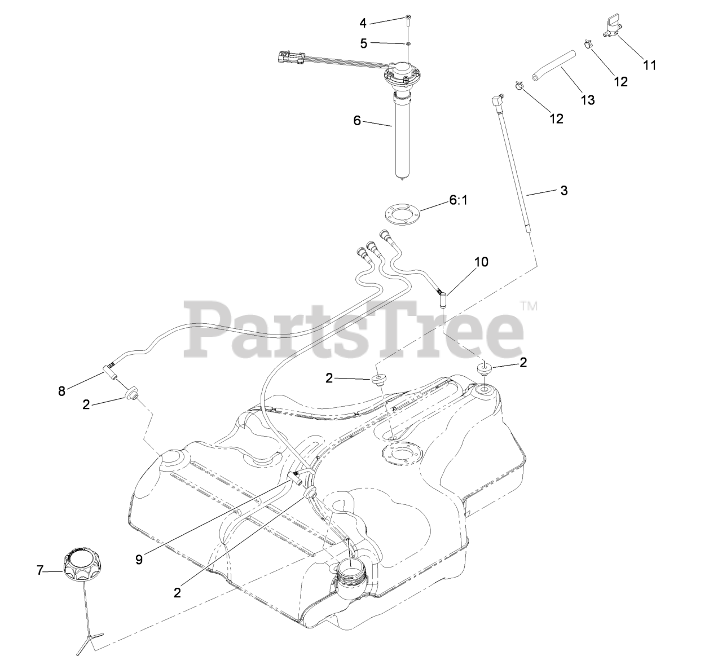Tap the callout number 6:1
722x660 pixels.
tap(459, 200)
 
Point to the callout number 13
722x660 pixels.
tap(588, 100)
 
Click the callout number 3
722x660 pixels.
tap(563, 191)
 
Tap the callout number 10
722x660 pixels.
tap(481, 262)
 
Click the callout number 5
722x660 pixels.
tap(363, 42)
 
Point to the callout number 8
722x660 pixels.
tap(61, 390)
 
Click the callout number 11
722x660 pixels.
tap(650, 65)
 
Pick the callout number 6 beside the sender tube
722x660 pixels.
tap(357, 121)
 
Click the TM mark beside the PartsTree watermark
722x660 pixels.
tap(529, 306)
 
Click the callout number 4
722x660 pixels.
tap(363, 23)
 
